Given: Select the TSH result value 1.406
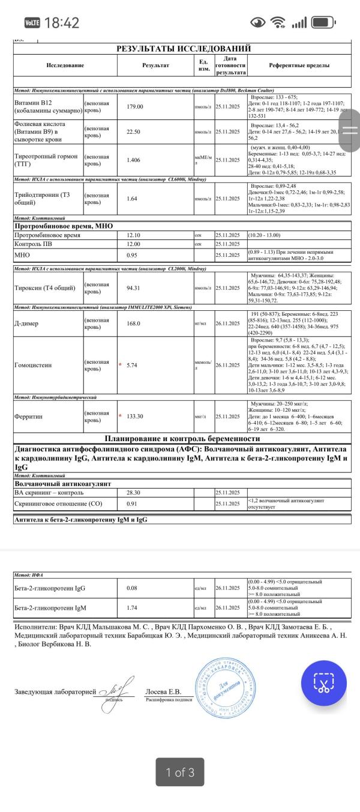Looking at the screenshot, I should pos(135,160).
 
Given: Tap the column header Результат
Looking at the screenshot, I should pos(155,65).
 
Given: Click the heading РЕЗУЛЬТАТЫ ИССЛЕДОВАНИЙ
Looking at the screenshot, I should pos(183,49).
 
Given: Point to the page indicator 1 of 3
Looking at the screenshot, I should pos(179,772).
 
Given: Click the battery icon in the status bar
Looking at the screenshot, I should pos(323,23).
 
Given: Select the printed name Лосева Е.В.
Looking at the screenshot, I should pos(163,691).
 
